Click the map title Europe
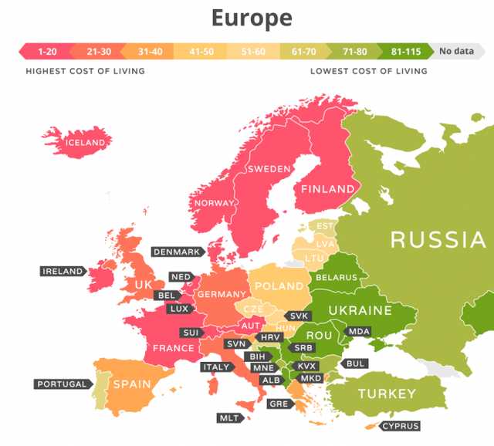click(x=252, y=18)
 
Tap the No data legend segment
click(x=455, y=52)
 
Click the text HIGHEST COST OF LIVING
click(x=85, y=71)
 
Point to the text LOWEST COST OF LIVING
click(x=368, y=71)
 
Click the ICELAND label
click(x=84, y=143)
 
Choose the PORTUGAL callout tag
click(x=62, y=383)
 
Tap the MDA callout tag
click(x=359, y=331)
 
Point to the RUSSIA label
click(x=438, y=239)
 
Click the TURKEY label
click(x=386, y=394)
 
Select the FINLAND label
click(x=328, y=189)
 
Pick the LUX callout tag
click(x=178, y=309)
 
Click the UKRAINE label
click(x=360, y=310)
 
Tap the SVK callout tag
click(x=297, y=316)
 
